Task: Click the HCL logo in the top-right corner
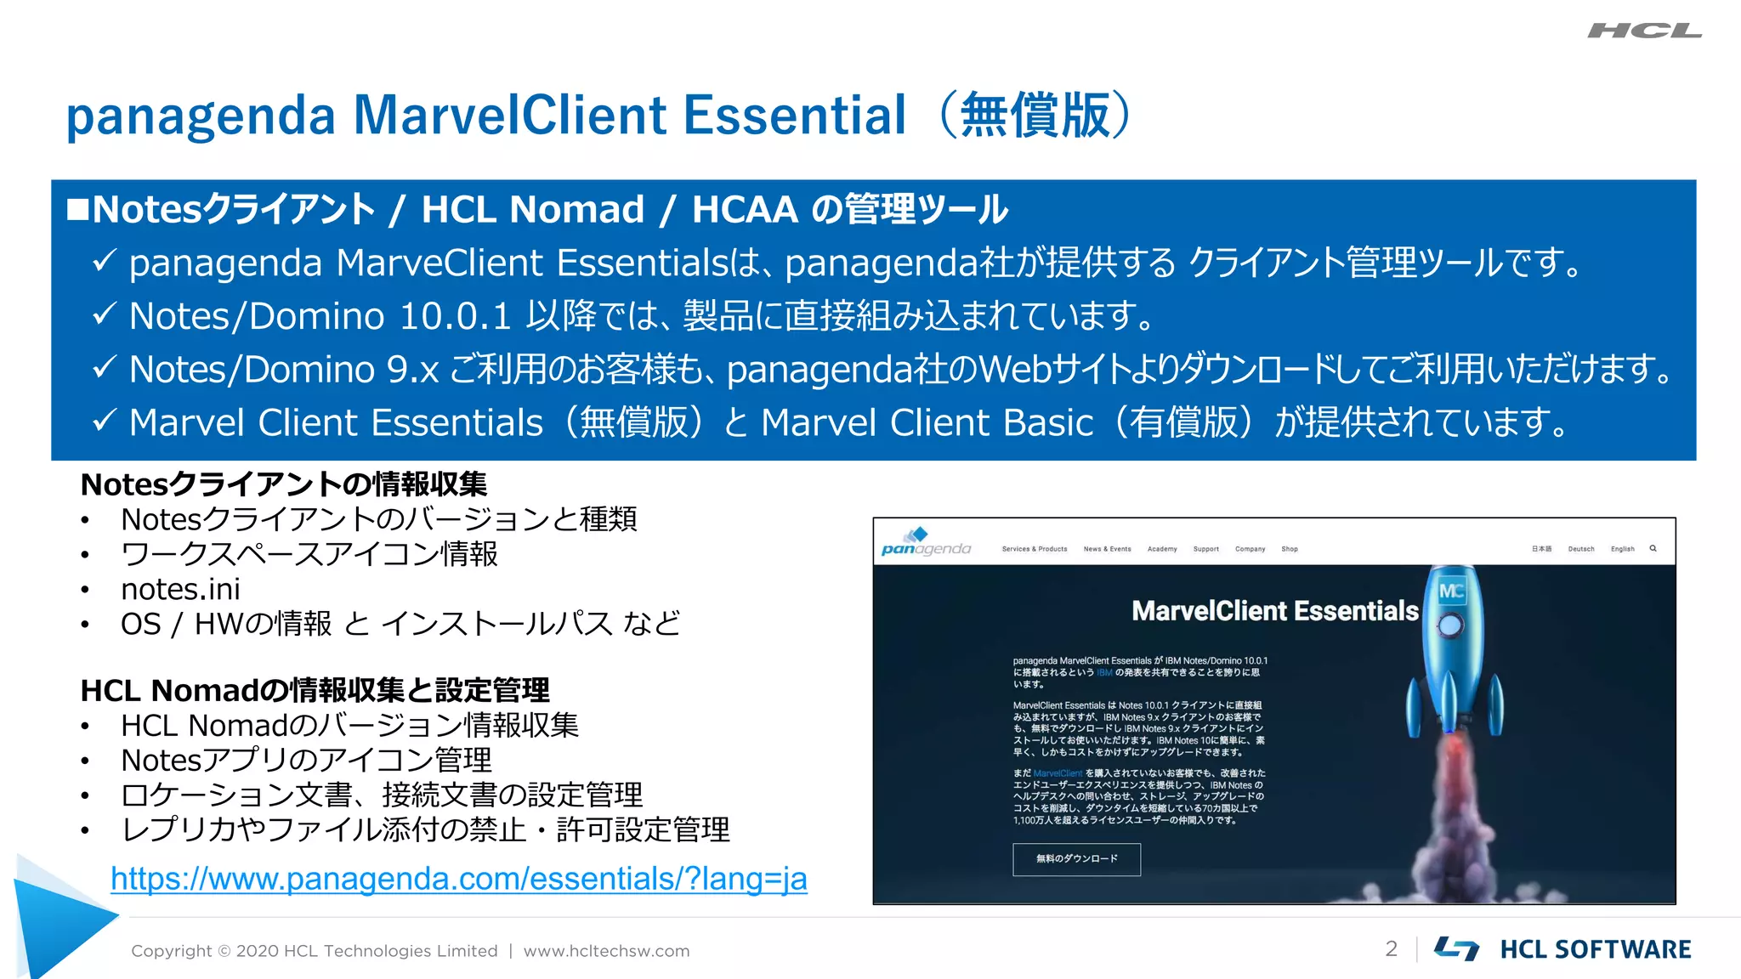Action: point(1644,31)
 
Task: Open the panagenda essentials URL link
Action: point(458,879)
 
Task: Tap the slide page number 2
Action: point(1391,948)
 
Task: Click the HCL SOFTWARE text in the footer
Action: point(1595,949)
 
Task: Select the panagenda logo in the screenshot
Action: point(925,543)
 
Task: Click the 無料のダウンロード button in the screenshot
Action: point(1076,858)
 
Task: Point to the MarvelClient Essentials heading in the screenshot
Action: point(1274,610)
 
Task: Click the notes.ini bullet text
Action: point(180,589)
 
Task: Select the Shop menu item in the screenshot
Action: point(1289,549)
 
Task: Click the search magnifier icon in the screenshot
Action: point(1653,549)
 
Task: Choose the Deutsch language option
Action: point(1580,549)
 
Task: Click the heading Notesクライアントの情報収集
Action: point(283,484)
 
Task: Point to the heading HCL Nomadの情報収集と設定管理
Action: point(315,690)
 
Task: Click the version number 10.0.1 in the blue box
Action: point(454,316)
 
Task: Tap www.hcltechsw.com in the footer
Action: point(606,951)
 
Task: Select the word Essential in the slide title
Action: point(794,116)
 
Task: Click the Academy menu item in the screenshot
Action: point(1161,549)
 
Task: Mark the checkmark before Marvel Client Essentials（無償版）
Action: point(104,421)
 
